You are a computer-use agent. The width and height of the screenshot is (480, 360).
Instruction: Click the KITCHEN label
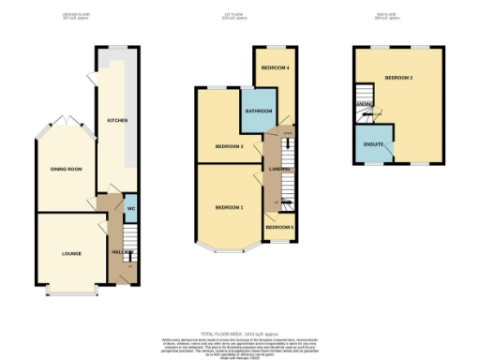(117, 121)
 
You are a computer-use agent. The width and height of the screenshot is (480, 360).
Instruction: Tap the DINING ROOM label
(67, 169)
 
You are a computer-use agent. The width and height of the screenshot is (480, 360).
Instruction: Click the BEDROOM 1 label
(229, 206)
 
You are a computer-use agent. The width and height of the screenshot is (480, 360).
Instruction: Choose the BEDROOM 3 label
(229, 147)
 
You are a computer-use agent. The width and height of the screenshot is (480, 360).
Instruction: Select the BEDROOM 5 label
(278, 228)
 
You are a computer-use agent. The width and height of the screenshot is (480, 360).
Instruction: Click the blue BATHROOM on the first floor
(258, 112)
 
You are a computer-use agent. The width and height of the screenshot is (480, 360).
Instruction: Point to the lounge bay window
(71, 292)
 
